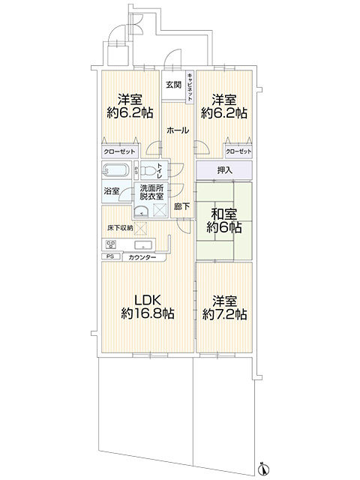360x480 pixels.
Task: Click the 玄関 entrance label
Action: (173, 85)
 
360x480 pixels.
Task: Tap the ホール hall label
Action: (177, 130)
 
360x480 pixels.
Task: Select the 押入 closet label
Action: (224, 170)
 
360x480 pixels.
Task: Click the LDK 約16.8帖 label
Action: (148, 306)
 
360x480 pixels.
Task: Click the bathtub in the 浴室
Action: (116, 169)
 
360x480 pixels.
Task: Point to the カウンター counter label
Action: (142, 257)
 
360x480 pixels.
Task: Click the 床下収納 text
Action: (119, 227)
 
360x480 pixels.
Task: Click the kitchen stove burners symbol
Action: (111, 244)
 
